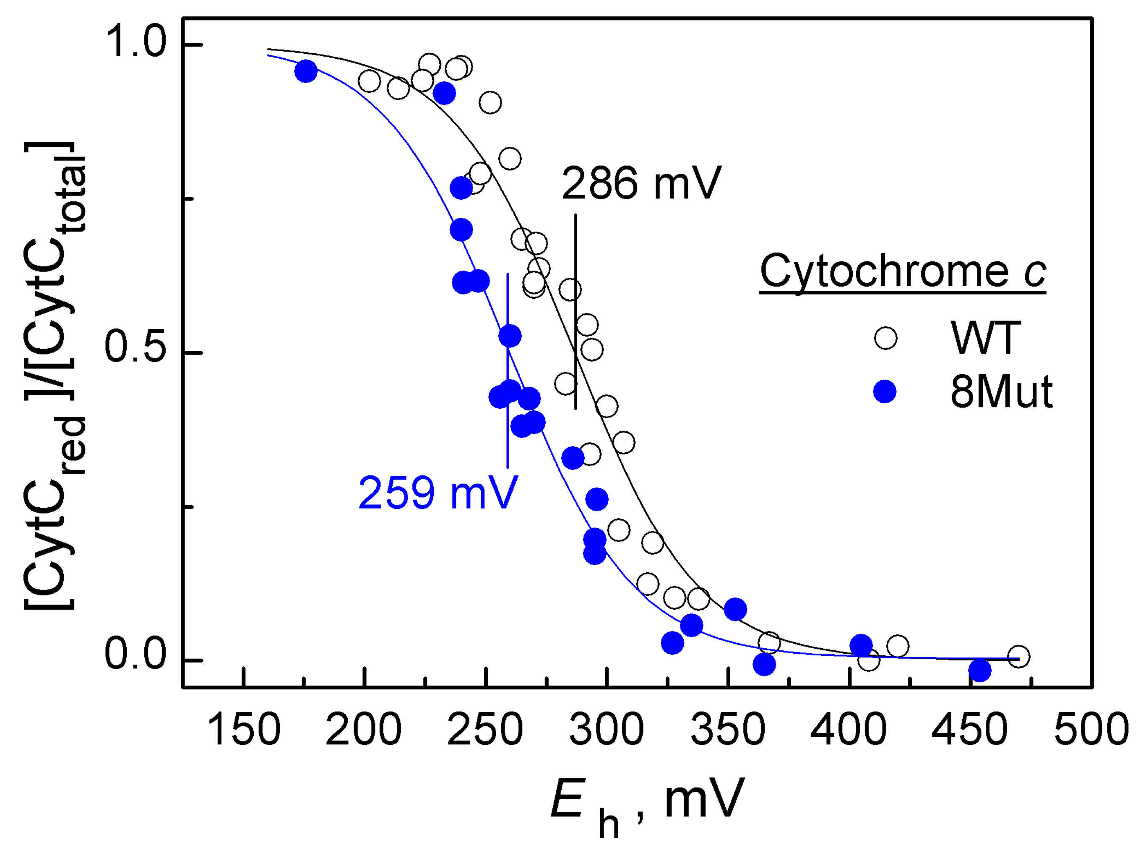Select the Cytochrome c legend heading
[x=902, y=271]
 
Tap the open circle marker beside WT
[x=885, y=338]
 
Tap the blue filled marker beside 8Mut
[x=884, y=391]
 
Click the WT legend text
[x=985, y=338]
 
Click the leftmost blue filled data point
[x=306, y=71]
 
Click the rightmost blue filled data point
[x=979, y=670]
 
